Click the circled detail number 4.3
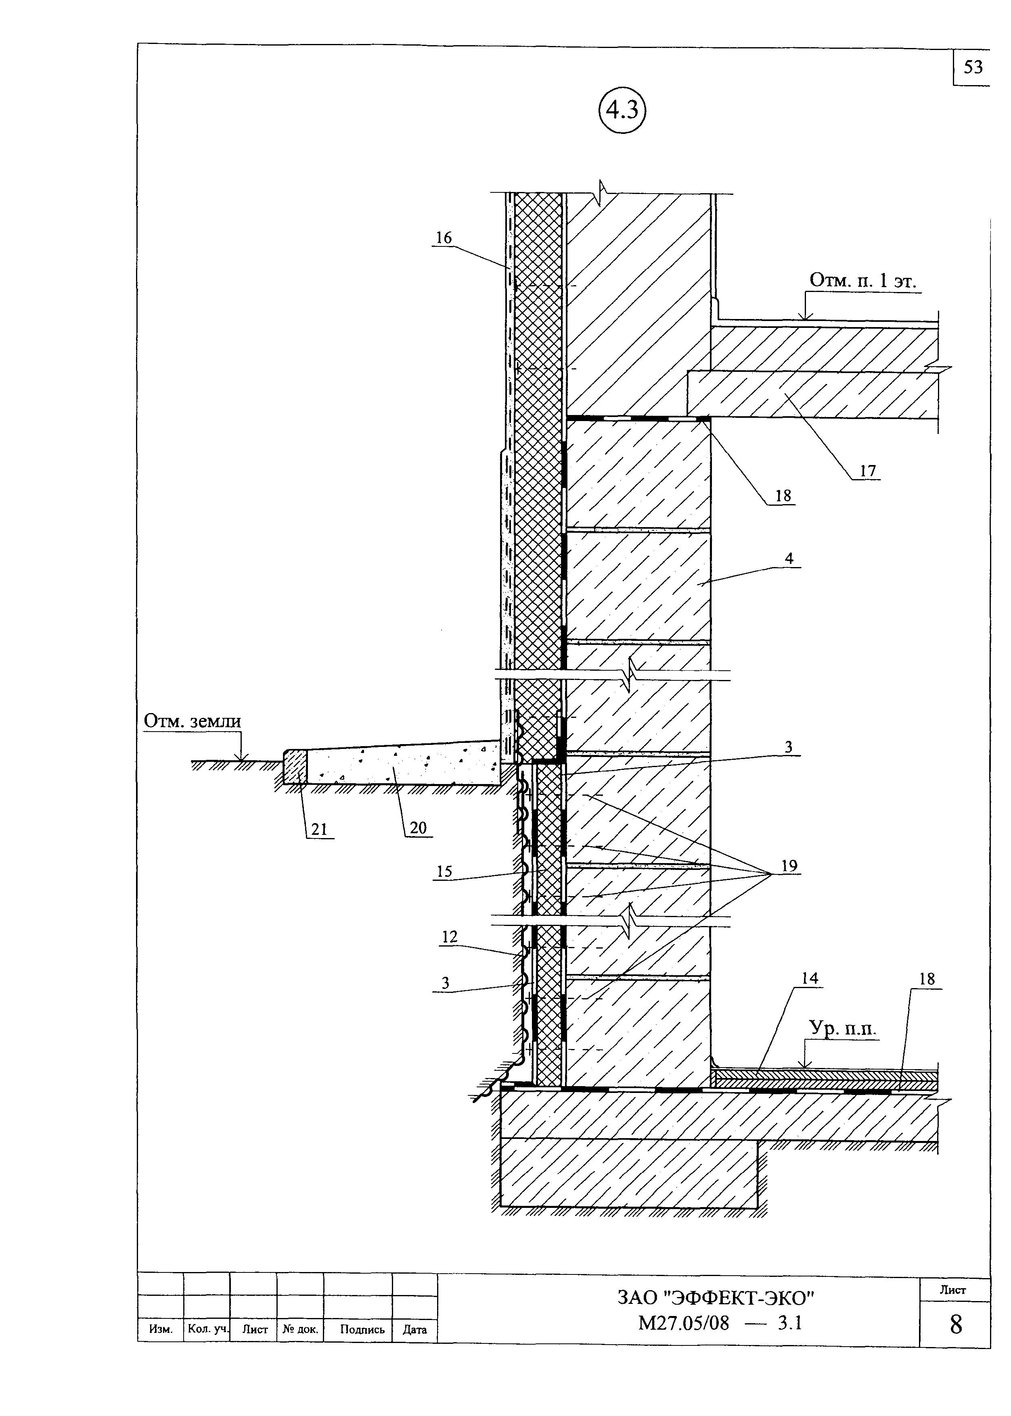(x=622, y=111)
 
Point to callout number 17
(x=868, y=471)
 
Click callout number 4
(x=789, y=558)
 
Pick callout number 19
(x=789, y=866)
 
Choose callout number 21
(x=319, y=829)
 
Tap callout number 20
(x=419, y=828)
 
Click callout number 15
(x=444, y=872)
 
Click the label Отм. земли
(x=193, y=721)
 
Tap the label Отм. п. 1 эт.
(x=863, y=281)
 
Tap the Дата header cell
(x=414, y=1330)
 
